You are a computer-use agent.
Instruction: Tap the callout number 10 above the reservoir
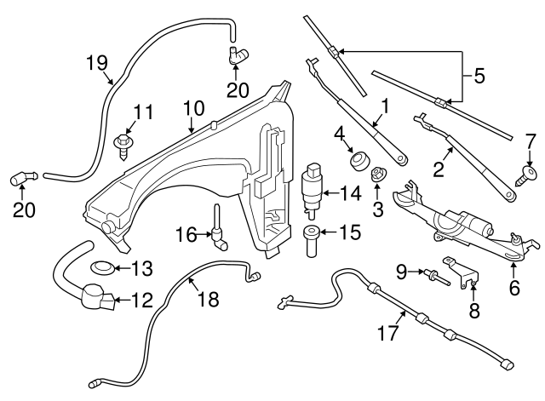pyautogui.click(x=194, y=108)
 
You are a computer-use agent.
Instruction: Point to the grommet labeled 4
pyautogui.click(x=357, y=159)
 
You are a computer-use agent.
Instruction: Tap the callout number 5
pyautogui.click(x=479, y=76)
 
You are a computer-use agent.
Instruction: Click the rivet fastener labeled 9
pyautogui.click(x=433, y=275)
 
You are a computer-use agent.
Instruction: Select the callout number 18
pyautogui.click(x=209, y=300)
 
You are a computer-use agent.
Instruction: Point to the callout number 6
pyautogui.click(x=514, y=287)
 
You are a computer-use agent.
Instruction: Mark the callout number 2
pyautogui.click(x=439, y=169)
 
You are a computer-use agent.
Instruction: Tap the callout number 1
pyautogui.click(x=384, y=108)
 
